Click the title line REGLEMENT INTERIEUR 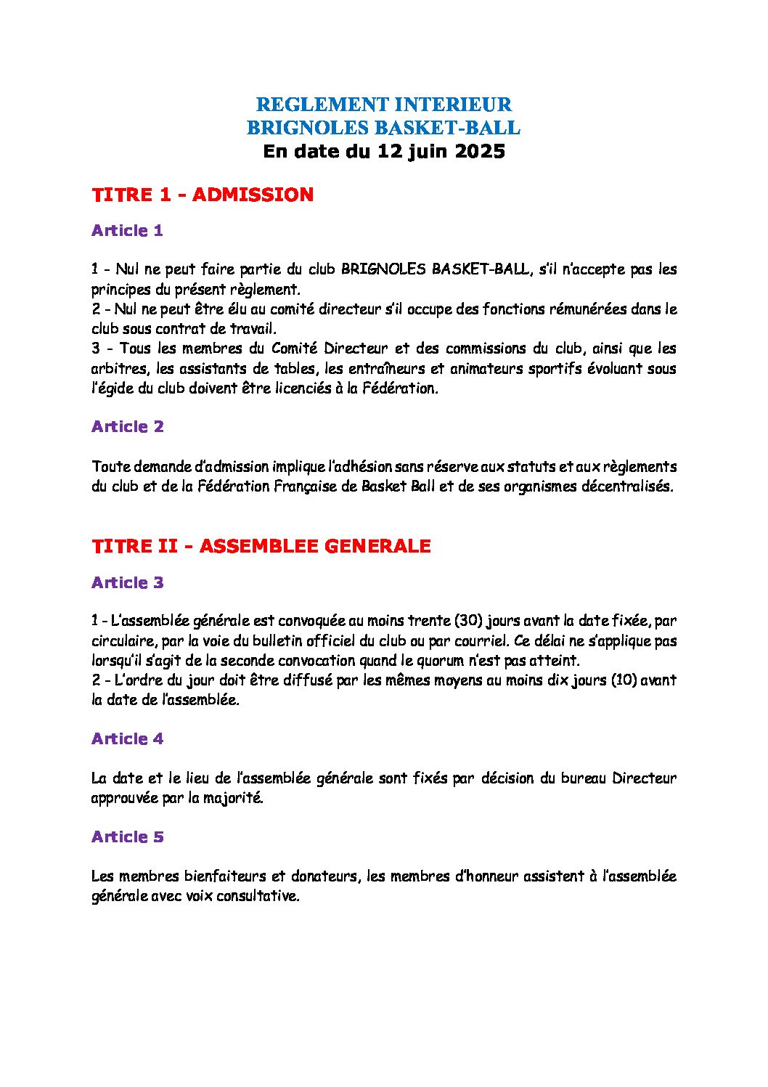(x=383, y=104)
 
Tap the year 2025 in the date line (x=477, y=152)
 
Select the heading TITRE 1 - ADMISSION (x=203, y=195)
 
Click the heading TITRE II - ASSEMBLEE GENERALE (x=261, y=546)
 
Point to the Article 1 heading (x=127, y=231)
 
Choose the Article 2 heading (x=128, y=427)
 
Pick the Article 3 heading (x=128, y=583)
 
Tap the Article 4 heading (x=128, y=739)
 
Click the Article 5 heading (x=128, y=837)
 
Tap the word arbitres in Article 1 (x=118, y=369)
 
